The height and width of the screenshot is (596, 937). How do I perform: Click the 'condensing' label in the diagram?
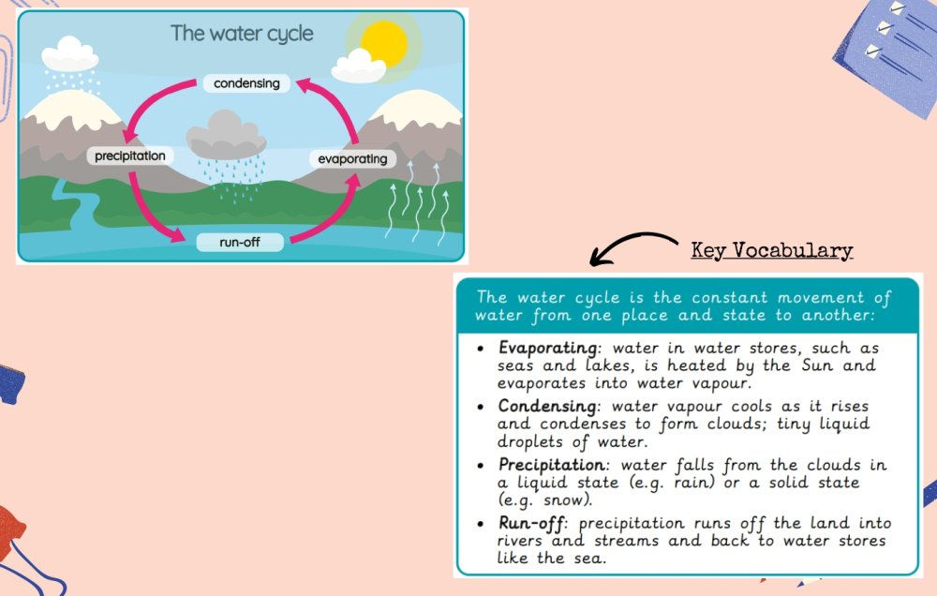[246, 83]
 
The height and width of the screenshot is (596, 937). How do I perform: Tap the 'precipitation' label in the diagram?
[129, 156]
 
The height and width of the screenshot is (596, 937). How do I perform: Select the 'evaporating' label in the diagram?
[352, 159]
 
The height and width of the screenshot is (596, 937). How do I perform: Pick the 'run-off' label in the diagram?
[240, 242]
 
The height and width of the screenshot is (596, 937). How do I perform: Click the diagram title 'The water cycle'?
[242, 34]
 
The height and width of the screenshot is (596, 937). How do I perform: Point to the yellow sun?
[385, 42]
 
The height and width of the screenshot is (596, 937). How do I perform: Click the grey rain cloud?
[226, 134]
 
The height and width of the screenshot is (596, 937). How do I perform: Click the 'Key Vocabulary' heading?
[771, 250]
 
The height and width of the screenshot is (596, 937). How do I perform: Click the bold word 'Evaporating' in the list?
[548, 348]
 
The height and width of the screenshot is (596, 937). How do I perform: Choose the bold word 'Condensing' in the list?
[547, 407]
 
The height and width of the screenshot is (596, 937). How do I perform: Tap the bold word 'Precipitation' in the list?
[552, 465]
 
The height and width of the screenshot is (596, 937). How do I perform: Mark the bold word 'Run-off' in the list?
[531, 524]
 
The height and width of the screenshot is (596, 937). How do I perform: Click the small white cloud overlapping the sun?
[358, 67]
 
